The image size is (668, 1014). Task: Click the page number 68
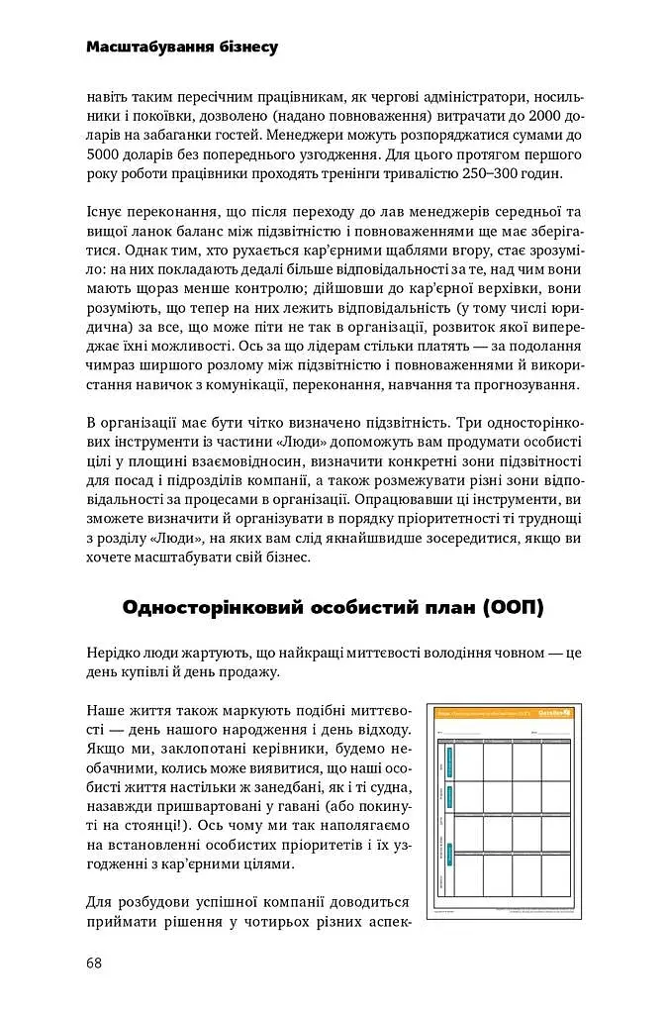(x=95, y=963)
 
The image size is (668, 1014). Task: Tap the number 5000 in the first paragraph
(x=104, y=155)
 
